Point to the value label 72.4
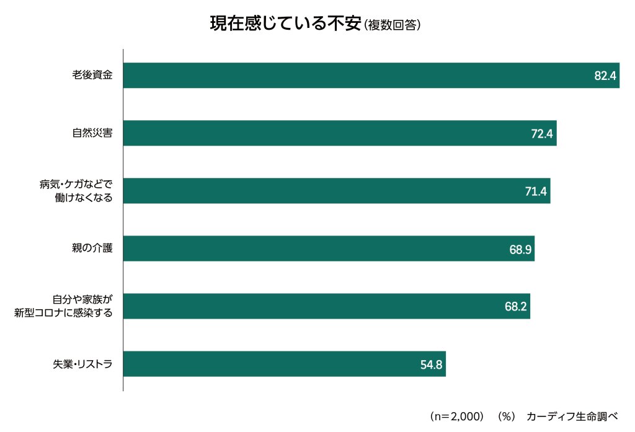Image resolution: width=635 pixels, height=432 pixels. point(542,134)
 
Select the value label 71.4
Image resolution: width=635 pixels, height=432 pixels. point(536,192)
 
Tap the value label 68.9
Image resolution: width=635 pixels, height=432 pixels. point(520,249)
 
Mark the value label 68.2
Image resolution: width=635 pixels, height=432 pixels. point(516,307)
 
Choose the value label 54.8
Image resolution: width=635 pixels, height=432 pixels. point(431,364)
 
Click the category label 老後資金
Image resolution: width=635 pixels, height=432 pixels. point(92,76)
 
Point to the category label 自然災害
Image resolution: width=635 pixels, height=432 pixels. point(92,133)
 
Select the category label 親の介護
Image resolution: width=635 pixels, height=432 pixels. point(92,249)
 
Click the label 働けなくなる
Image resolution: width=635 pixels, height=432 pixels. point(84,198)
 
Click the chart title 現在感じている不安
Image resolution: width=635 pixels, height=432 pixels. point(286,24)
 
